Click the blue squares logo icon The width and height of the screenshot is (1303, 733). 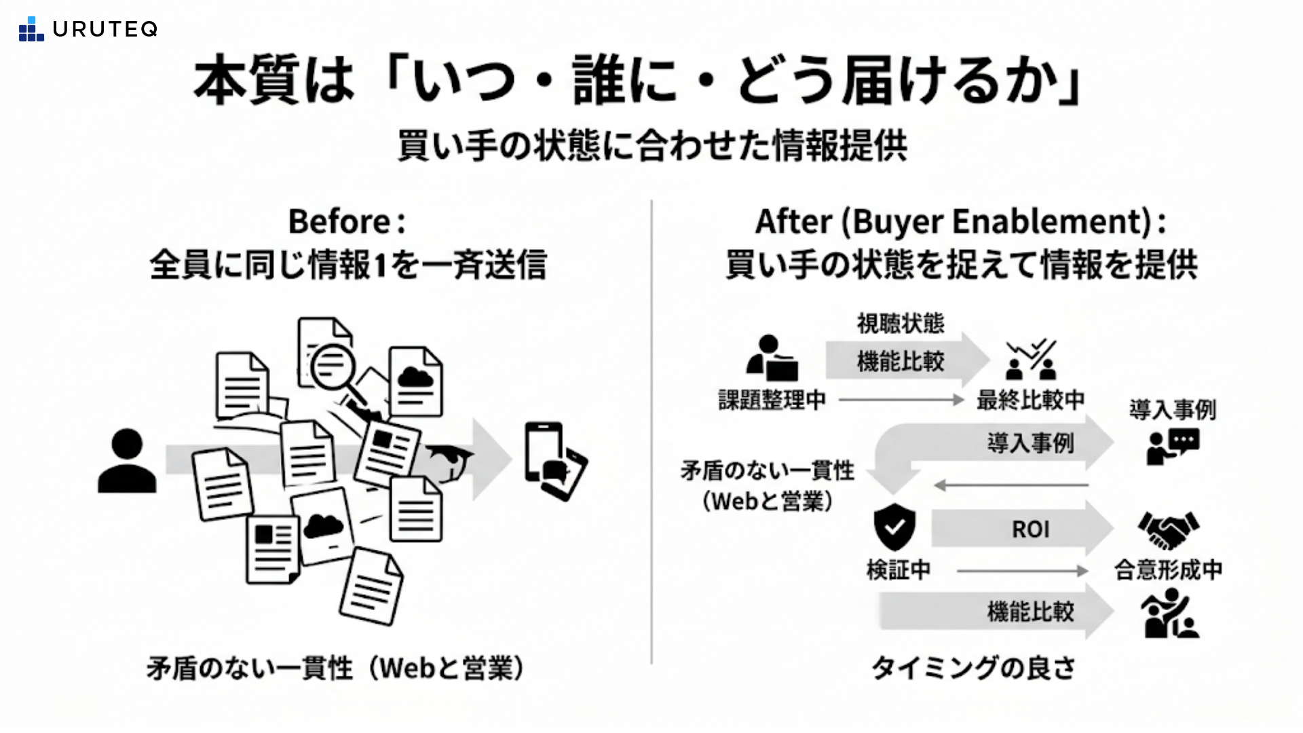click(x=31, y=30)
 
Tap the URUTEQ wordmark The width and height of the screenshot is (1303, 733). click(x=105, y=29)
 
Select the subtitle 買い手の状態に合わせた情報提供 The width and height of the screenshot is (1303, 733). click(x=651, y=145)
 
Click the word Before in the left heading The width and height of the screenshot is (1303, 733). click(x=339, y=221)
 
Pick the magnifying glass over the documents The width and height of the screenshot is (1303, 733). click(x=335, y=370)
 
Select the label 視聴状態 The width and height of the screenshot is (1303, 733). click(x=901, y=324)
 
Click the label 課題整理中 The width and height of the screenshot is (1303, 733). click(x=772, y=400)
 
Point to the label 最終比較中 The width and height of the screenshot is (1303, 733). click(x=1030, y=400)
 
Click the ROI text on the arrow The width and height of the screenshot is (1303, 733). click(x=1030, y=529)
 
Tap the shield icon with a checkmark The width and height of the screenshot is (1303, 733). click(x=894, y=526)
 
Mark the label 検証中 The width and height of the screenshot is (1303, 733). click(x=899, y=570)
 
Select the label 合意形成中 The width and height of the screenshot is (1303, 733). click(x=1168, y=570)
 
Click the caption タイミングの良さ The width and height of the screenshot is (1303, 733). click(x=972, y=668)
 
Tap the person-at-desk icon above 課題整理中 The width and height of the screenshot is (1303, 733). click(x=772, y=358)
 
